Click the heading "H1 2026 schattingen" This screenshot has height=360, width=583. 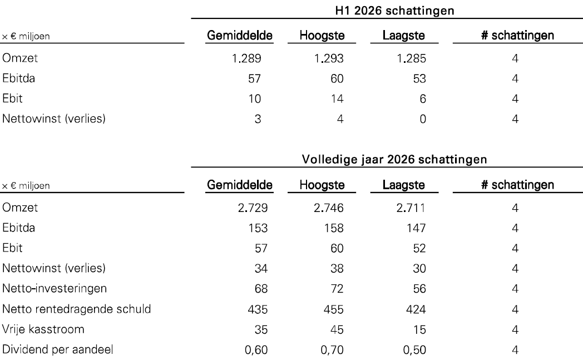pyautogui.click(x=394, y=11)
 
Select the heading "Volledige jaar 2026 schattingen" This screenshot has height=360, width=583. pyautogui.click(x=394, y=160)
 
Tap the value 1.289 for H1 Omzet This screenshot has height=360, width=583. pyautogui.click(x=246, y=58)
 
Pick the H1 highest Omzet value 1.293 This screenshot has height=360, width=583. pyautogui.click(x=329, y=58)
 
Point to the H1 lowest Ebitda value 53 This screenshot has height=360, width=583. pyautogui.click(x=419, y=78)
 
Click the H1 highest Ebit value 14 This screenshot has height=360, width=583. pyautogui.click(x=337, y=98)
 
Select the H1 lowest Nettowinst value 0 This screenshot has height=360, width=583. pyautogui.click(x=423, y=119)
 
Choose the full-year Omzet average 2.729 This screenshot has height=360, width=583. pyautogui.click(x=253, y=208)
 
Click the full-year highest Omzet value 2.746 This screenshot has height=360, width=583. pyautogui.click(x=329, y=208)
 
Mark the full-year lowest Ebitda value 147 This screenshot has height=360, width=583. pyautogui.click(x=416, y=228)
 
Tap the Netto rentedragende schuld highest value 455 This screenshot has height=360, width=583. pyautogui.click(x=334, y=309)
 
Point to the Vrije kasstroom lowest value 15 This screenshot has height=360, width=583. pyautogui.click(x=419, y=329)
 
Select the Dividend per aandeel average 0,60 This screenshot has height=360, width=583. pyautogui.click(x=256, y=350)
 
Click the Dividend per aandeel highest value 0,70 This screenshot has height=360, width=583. pyautogui.click(x=332, y=350)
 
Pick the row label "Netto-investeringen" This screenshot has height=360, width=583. pyautogui.click(x=55, y=289)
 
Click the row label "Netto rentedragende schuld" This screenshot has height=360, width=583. pyautogui.click(x=77, y=309)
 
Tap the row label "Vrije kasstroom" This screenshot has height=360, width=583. pyautogui.click(x=43, y=329)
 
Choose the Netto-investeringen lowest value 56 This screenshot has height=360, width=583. pyautogui.click(x=419, y=289)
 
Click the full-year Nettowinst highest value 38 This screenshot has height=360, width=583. pyautogui.click(x=337, y=269)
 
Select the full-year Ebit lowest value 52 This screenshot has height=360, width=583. pyautogui.click(x=419, y=248)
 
